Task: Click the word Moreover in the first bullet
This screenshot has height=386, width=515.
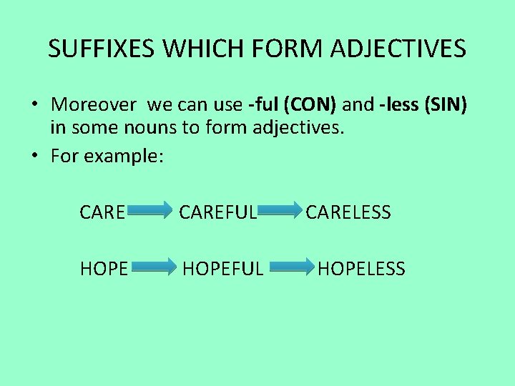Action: point(94,105)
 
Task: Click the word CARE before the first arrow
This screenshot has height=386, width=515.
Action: point(103,212)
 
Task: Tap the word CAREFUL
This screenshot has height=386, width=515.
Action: point(217,212)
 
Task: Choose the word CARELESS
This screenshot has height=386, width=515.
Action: point(348,212)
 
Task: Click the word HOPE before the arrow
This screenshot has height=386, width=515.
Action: point(104,269)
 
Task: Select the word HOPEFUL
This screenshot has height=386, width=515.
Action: point(223,269)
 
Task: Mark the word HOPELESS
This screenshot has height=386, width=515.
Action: point(361,269)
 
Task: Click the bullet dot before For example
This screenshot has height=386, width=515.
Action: point(34,156)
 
